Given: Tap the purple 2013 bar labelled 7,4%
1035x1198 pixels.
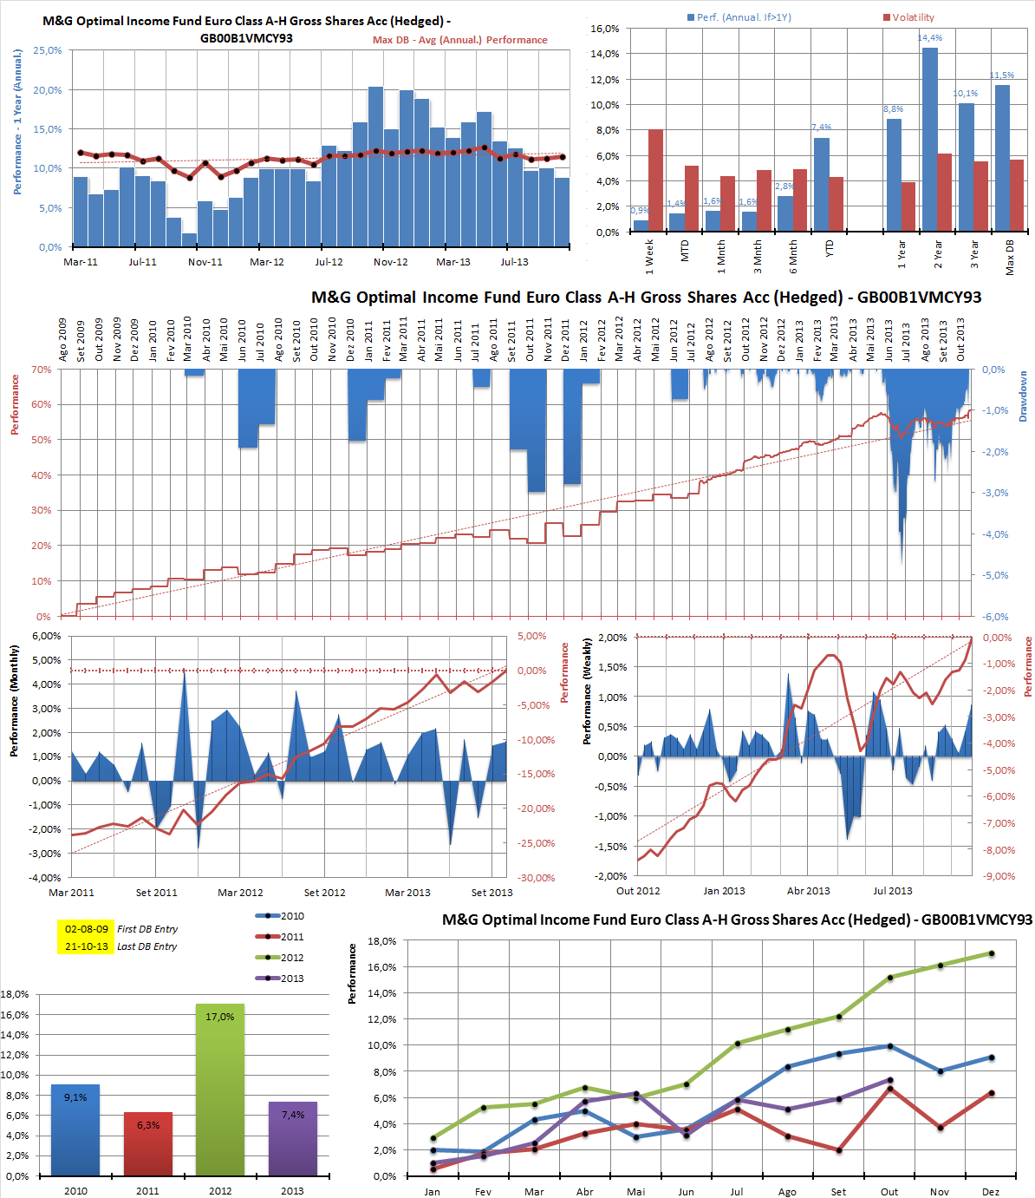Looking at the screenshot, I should pyautogui.click(x=292, y=1138).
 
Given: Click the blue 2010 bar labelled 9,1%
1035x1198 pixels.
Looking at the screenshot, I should pyautogui.click(x=75, y=1129).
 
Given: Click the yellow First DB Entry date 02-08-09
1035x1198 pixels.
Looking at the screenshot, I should pyautogui.click(x=86, y=929).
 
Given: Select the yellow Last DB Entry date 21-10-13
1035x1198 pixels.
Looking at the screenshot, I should pyautogui.click(x=86, y=946).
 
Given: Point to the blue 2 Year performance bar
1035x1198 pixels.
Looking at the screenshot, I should pyautogui.click(x=929, y=139).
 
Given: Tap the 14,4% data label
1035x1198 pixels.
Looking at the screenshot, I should pyautogui.click(x=930, y=38).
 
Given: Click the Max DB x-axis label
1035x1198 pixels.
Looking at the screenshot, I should pyautogui.click(x=1010, y=259).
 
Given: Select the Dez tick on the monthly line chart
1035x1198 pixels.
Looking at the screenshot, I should pyautogui.click(x=991, y=1192).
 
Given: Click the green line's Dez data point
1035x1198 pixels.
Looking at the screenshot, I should pyautogui.click(x=992, y=953).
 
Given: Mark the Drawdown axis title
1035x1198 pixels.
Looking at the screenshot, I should pyautogui.click(x=1023, y=396).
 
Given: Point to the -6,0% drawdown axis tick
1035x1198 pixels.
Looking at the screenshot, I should pyautogui.click(x=995, y=617).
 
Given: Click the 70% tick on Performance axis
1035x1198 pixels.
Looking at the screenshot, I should pyautogui.click(x=42, y=370).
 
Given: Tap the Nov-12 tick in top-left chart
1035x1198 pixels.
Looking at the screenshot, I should pyautogui.click(x=391, y=262).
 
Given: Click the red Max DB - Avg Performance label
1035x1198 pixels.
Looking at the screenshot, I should pyautogui.click(x=460, y=40).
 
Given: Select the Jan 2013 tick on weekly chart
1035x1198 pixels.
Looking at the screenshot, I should pyautogui.click(x=724, y=891).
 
